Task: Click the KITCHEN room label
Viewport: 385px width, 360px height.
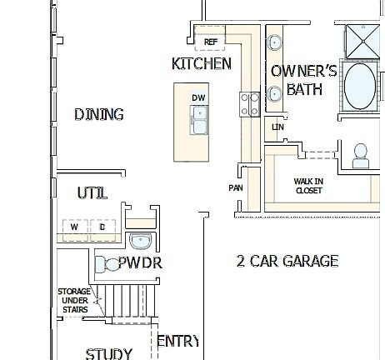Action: coord(202,63)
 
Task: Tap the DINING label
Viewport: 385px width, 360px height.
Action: coord(98,115)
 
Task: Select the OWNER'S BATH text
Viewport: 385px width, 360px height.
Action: coord(303,80)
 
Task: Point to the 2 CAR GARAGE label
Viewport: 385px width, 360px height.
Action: coord(287,261)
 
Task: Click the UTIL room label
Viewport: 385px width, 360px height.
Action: coord(92,193)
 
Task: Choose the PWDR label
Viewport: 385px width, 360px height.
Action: coord(139,263)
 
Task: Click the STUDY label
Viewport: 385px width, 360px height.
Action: coord(108,353)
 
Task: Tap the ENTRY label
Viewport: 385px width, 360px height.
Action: coord(177,340)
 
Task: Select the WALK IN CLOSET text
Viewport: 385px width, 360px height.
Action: coord(308,185)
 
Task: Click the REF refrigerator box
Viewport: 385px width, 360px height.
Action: coord(210,41)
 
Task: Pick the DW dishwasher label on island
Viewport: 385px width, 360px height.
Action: coord(198,98)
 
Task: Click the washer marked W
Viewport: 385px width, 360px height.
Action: coord(74,227)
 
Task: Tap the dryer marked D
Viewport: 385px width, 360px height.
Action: coord(102,227)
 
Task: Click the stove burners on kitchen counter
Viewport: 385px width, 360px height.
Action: coord(249,103)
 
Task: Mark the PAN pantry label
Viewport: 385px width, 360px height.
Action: coord(236,188)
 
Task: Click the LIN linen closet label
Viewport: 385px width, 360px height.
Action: coord(277,127)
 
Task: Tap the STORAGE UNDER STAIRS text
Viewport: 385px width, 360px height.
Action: coord(73,300)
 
